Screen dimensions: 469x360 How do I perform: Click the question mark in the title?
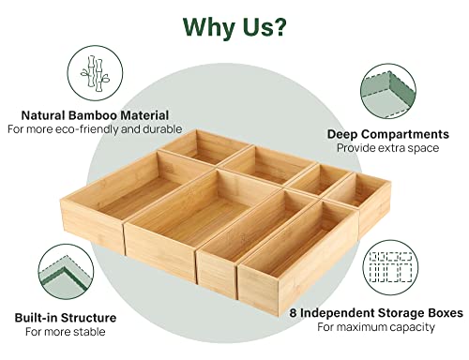click(x=277, y=26)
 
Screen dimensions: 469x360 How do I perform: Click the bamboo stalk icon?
click(x=95, y=73)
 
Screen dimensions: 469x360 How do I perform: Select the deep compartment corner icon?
click(x=388, y=91)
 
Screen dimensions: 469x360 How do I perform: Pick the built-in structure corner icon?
click(x=66, y=272)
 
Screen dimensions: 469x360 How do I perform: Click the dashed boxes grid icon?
click(x=390, y=267)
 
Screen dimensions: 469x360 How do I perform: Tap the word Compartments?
click(x=406, y=135)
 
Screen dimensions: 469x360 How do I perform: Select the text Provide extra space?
click(x=388, y=148)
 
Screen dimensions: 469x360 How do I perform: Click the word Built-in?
click(x=33, y=318)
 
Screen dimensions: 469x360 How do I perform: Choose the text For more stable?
click(x=66, y=332)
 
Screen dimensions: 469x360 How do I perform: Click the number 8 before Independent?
click(x=293, y=313)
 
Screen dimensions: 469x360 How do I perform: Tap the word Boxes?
click(x=446, y=313)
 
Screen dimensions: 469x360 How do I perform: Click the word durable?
click(x=162, y=129)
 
